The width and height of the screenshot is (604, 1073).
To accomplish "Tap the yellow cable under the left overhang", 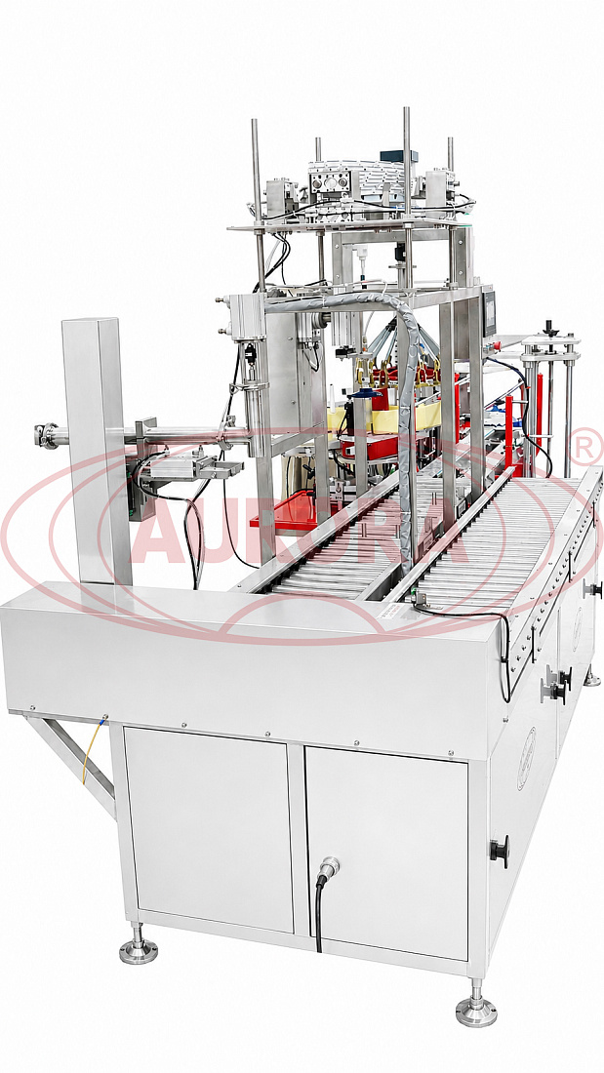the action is [x=93, y=748].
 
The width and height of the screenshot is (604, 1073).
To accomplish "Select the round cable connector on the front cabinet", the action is [x=327, y=866].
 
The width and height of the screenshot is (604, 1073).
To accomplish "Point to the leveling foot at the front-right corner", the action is [x=476, y=1005].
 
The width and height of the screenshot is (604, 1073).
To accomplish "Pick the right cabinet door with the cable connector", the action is [x=386, y=852].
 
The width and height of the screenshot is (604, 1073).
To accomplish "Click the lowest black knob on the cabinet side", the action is [x=500, y=851].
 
